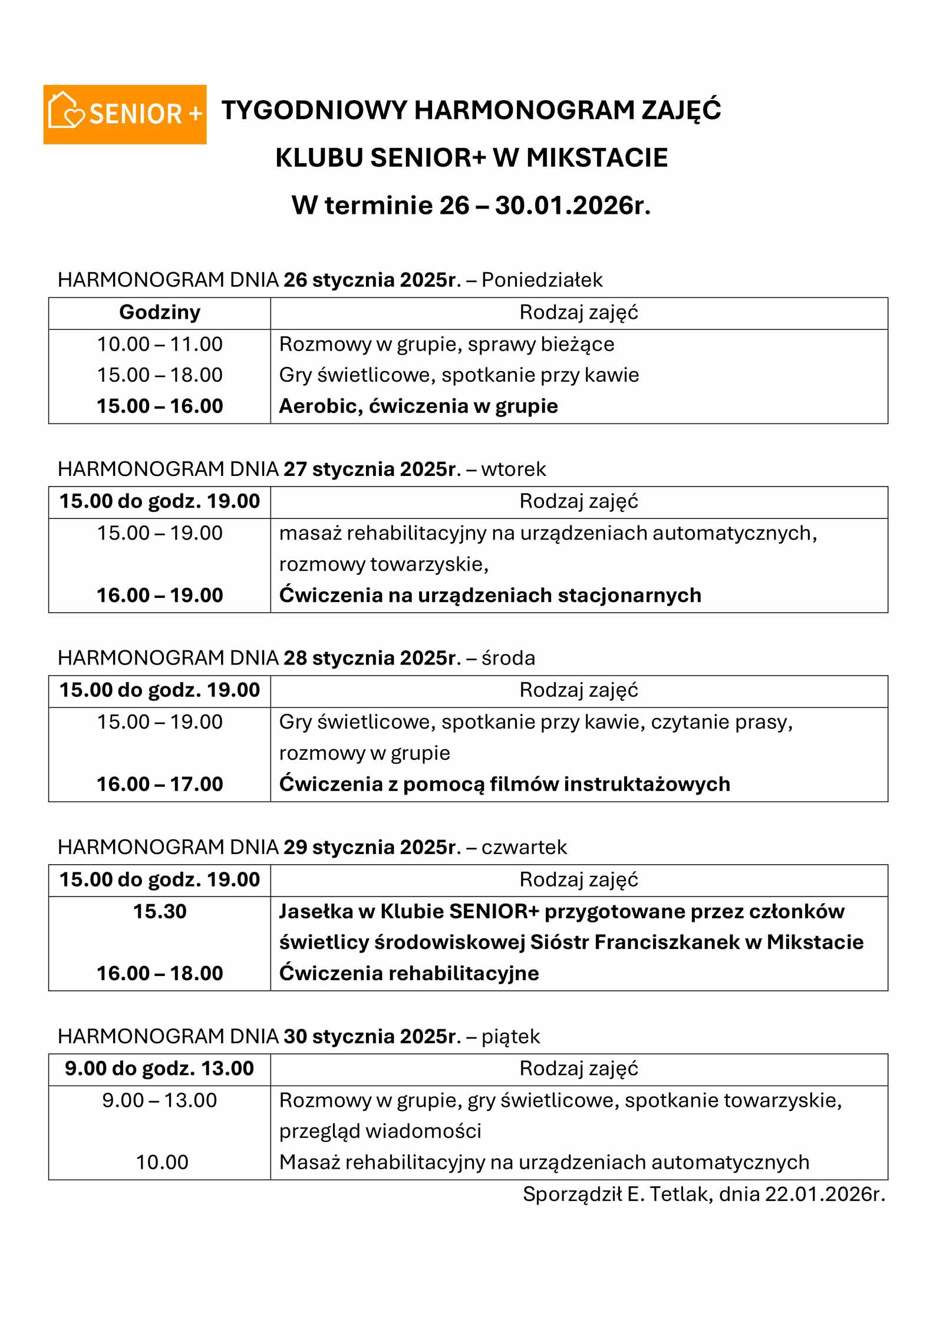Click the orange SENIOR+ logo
[125, 114]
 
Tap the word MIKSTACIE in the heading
[596, 158]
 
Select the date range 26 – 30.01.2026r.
[545, 206]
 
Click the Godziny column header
[160, 312]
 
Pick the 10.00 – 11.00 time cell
[160, 344]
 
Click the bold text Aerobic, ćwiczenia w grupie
[418, 406]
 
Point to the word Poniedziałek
[542, 280]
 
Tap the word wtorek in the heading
[513, 469]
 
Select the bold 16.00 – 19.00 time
[160, 595]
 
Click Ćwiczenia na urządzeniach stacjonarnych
[490, 595]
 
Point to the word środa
[508, 658]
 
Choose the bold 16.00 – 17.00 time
[160, 784]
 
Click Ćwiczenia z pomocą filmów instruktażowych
[505, 784]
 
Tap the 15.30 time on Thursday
[160, 911]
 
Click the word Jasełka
[315, 911]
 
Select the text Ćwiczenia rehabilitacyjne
[409, 973]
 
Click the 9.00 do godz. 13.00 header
[159, 1068]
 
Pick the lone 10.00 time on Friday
[162, 1162]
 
